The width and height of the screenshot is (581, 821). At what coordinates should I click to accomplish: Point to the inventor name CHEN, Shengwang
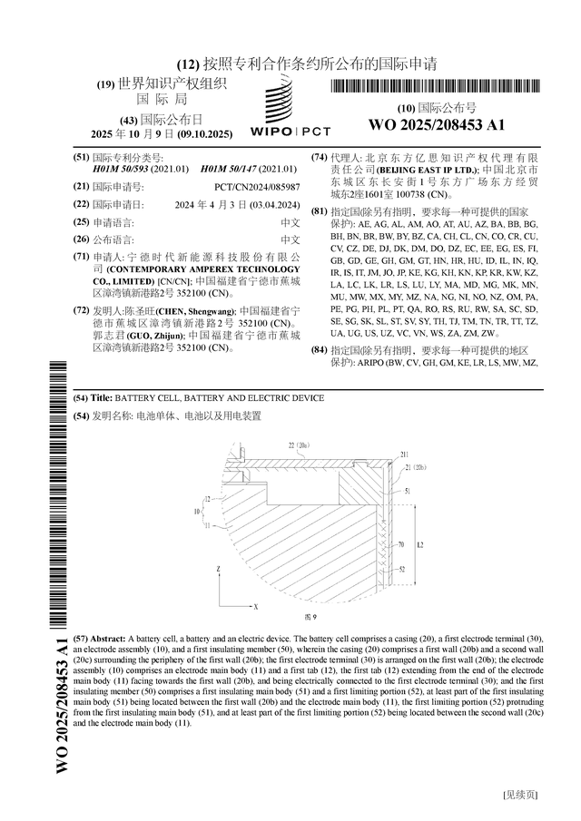[x=195, y=311]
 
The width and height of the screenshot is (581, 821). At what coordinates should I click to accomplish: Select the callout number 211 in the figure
[x=404, y=454]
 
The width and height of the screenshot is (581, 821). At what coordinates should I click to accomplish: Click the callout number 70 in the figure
[x=400, y=545]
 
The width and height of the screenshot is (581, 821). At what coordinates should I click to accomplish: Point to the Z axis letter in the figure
[x=219, y=568]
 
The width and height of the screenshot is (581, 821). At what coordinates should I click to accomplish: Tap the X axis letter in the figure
[x=256, y=605]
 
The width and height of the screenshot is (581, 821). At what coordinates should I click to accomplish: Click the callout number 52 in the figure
[x=400, y=570]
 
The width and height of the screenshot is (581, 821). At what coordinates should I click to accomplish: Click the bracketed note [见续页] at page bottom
[x=519, y=794]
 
